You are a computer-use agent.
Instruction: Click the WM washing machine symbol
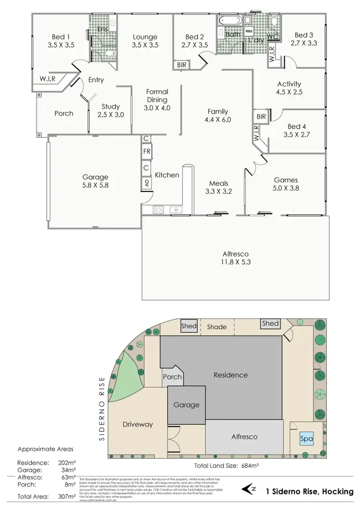[249, 31]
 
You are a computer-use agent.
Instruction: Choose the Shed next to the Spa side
[270, 324]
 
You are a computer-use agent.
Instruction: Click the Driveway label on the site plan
[137, 424]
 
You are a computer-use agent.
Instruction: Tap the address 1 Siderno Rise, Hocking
[310, 491]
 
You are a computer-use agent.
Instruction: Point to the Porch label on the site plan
[172, 377]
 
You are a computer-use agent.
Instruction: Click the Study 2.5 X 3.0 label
[110, 110]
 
